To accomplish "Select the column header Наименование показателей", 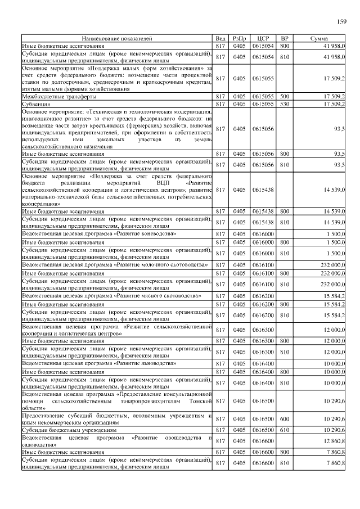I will click(x=116, y=38).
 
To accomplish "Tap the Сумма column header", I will click(x=323, y=38).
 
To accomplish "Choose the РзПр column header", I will click(x=240, y=38).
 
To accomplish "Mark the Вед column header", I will click(x=221, y=38).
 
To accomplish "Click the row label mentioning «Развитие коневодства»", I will click(x=99, y=233).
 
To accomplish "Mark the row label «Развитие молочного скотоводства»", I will click(x=115, y=264).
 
